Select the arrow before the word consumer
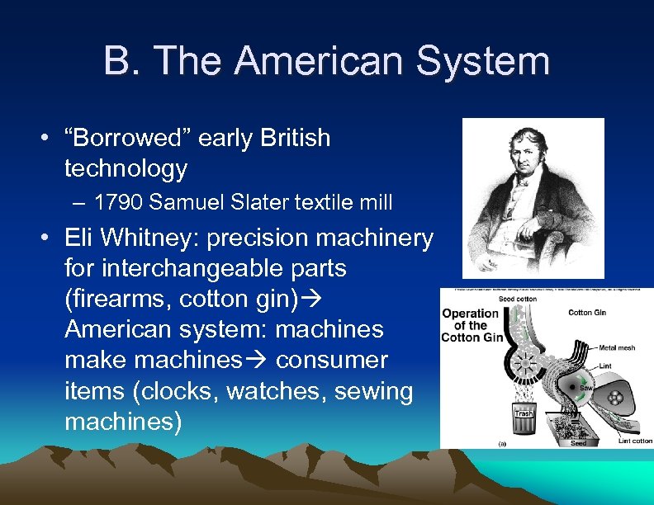click(263, 361)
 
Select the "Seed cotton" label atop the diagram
click(517, 298)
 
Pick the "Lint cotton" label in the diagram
click(635, 441)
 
